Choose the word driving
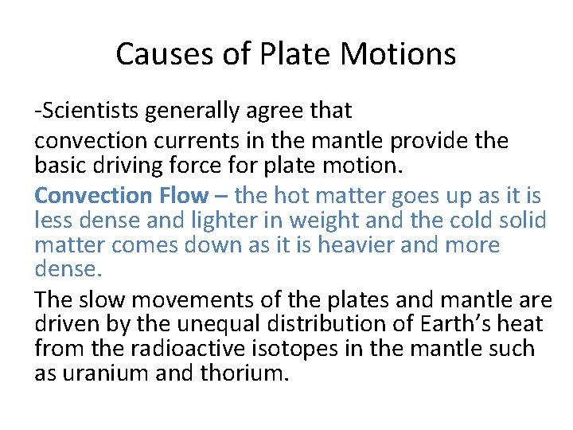pos(146,165)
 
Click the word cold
pos(459,220)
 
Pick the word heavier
pos(358,244)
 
